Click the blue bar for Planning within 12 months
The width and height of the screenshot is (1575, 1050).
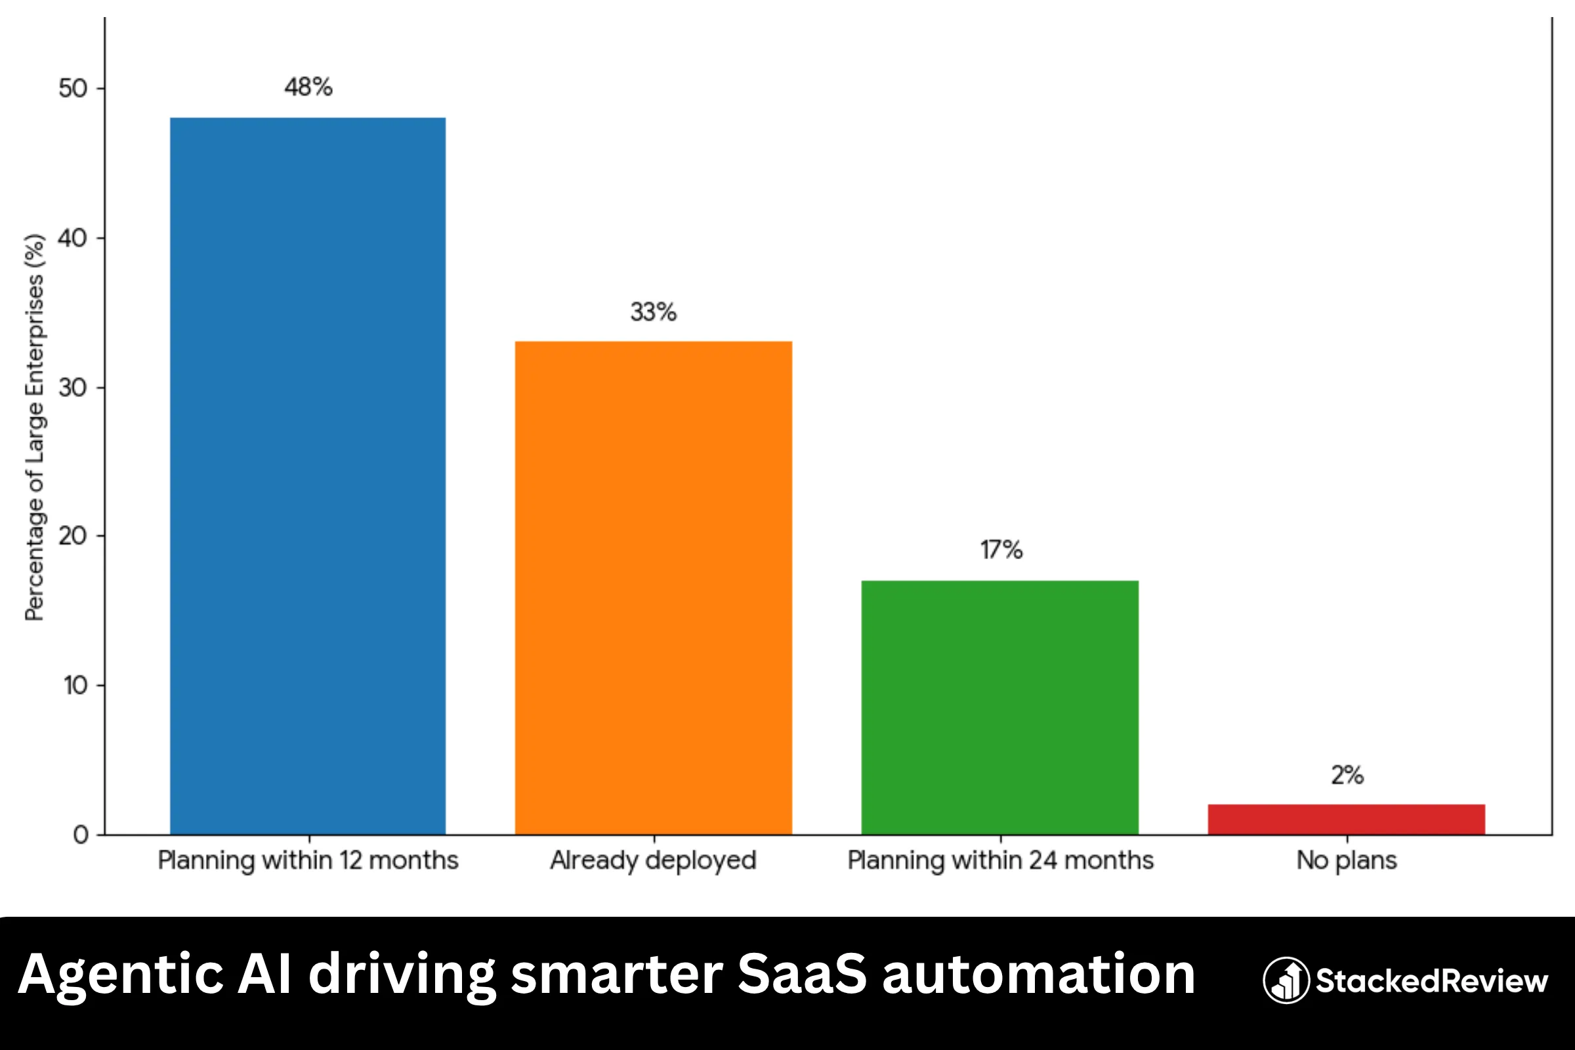[x=307, y=475]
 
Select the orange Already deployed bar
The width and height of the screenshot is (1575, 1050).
[x=653, y=587]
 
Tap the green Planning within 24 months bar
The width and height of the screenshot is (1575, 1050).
[x=999, y=707]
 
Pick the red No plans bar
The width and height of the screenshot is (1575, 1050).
[x=1346, y=819]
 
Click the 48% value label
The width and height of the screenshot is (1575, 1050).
[x=308, y=87]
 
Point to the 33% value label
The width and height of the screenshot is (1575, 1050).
[x=653, y=312]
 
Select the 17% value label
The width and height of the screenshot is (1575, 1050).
[x=1001, y=550]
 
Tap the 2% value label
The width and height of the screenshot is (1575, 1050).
[x=1347, y=775]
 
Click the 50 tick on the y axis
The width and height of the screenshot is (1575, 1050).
[x=73, y=89]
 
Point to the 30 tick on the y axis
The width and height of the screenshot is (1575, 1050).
[x=73, y=387]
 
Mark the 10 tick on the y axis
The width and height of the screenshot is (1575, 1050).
[x=75, y=685]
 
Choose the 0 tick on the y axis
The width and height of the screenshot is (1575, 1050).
[x=80, y=834]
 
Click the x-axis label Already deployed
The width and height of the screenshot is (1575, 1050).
[x=653, y=860]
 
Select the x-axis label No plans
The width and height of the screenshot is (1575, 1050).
[x=1346, y=860]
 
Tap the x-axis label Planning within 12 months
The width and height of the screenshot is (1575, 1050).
[x=308, y=860]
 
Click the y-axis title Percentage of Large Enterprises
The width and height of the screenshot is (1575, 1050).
[x=34, y=427]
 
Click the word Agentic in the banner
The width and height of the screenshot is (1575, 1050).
[x=121, y=975]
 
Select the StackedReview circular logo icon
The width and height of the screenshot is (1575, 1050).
[x=1286, y=980]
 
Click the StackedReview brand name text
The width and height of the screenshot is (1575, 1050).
[x=1432, y=980]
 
